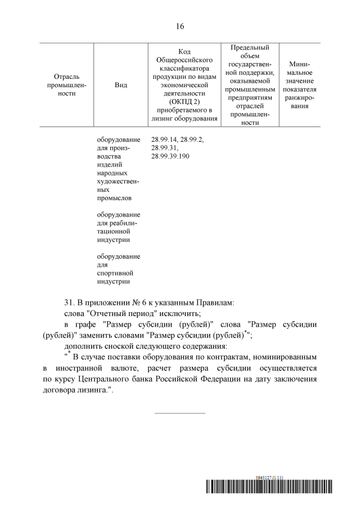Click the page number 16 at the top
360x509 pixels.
[180, 26]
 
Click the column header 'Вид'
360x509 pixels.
[120, 85]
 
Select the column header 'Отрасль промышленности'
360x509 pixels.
[66, 85]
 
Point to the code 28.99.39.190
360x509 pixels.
[170, 156]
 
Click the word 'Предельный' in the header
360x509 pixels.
[250, 47]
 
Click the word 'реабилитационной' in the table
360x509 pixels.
[117, 227]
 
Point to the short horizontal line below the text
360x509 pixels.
[180, 413]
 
